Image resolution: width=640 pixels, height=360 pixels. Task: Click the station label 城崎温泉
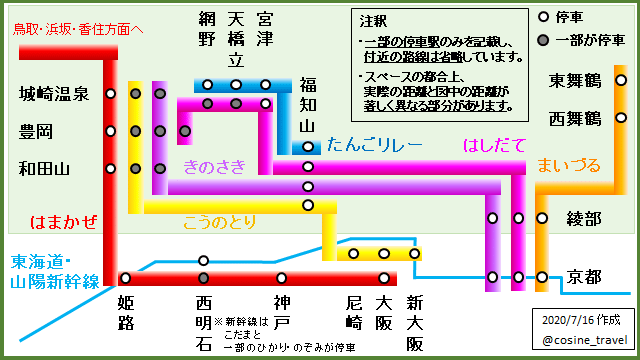click(55, 95)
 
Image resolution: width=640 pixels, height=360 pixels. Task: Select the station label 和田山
click(47, 168)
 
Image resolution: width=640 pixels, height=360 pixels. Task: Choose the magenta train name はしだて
click(494, 145)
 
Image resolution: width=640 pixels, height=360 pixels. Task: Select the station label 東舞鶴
click(575, 80)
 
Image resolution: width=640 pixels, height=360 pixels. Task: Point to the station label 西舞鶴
click(575, 118)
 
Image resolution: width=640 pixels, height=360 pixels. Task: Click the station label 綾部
click(583, 218)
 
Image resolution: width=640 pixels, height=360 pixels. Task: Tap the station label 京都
click(583, 276)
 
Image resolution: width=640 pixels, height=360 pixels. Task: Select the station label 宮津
click(265, 29)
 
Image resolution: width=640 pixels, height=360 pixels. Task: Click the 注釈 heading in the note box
click(374, 20)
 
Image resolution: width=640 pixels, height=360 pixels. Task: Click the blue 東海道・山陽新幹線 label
click(55, 272)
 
